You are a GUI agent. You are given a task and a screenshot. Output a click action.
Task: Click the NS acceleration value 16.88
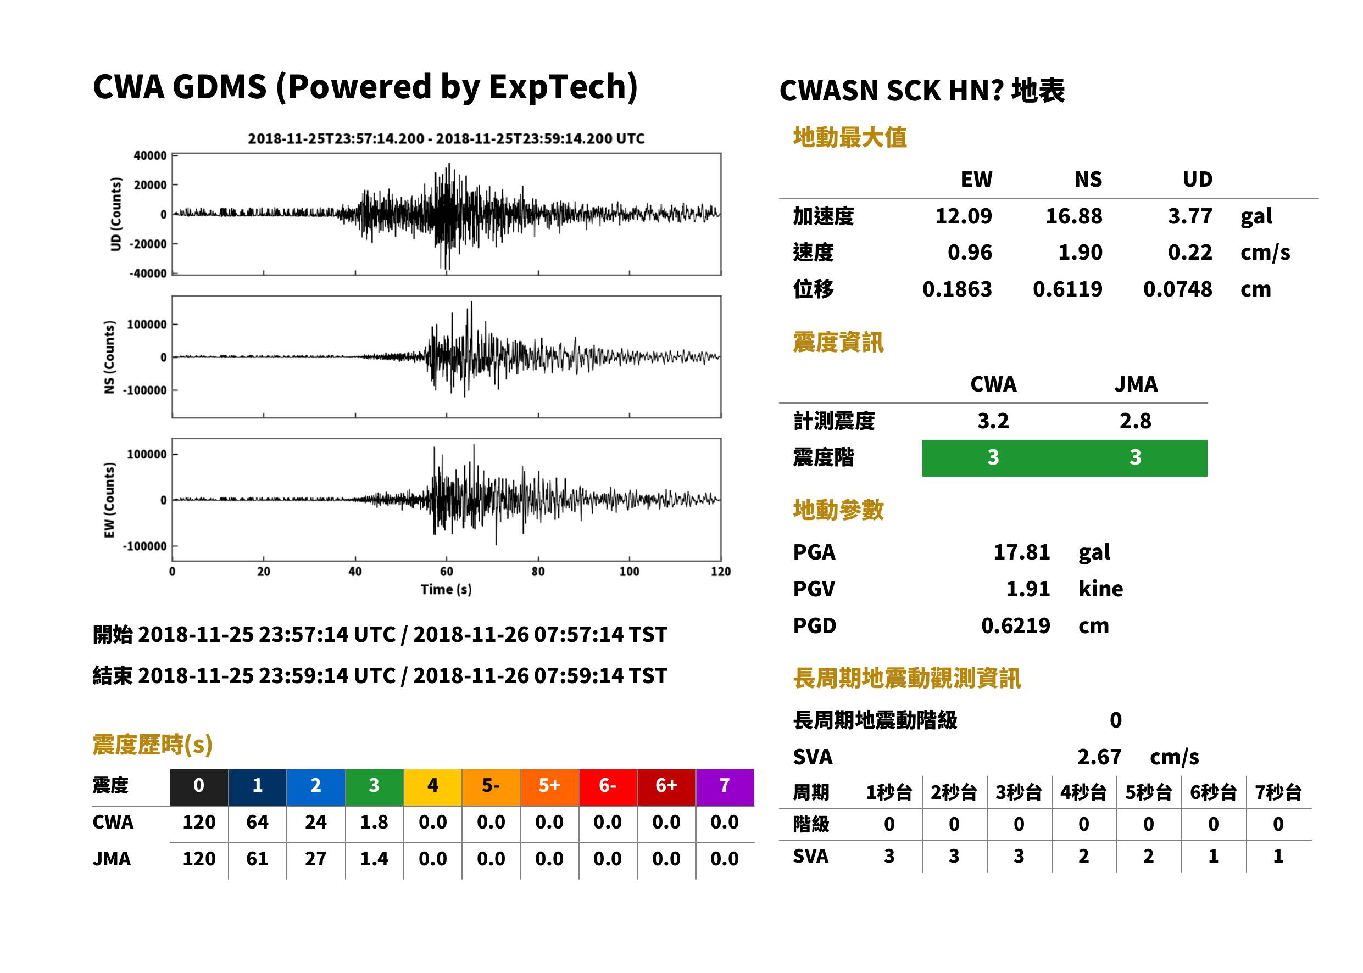(1073, 216)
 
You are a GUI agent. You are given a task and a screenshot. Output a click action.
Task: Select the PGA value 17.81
(1021, 552)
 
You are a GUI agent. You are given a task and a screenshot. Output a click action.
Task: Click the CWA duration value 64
(257, 822)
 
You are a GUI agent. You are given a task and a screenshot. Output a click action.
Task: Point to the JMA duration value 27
(315, 859)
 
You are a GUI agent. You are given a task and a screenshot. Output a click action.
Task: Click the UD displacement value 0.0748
(1177, 289)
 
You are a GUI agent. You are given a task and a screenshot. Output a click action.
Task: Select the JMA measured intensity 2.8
(1135, 421)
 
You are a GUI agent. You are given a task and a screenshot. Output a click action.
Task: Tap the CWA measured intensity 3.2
(993, 421)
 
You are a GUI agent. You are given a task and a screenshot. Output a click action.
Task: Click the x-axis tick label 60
(447, 572)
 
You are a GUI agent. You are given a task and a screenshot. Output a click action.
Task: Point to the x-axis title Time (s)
(446, 590)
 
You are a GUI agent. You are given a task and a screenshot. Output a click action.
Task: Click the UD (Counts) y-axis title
(116, 214)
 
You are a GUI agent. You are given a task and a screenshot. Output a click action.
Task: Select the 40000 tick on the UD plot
(151, 156)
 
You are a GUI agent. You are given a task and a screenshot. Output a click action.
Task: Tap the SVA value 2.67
(1099, 757)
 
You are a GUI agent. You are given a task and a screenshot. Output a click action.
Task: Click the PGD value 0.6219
(1015, 625)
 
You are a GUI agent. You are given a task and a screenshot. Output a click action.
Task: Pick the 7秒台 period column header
(1278, 792)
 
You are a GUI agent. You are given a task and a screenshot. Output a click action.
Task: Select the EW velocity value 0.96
(970, 252)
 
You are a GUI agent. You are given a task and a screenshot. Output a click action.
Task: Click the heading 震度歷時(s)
(152, 745)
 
